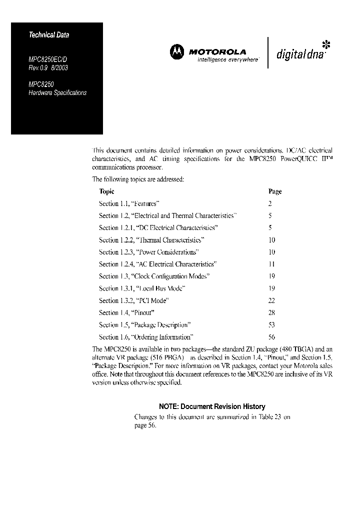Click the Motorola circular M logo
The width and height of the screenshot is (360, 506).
177,51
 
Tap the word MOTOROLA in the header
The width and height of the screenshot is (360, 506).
217,51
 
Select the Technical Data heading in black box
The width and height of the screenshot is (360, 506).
48,35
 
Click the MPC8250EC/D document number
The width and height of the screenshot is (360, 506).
47,58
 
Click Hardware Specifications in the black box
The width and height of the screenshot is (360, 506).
57,93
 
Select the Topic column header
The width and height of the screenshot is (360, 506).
106,191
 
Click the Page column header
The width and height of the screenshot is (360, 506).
275,191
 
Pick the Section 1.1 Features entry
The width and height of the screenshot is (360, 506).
129,203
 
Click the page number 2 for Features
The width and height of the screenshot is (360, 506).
270,203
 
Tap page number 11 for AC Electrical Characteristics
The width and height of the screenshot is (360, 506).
272,264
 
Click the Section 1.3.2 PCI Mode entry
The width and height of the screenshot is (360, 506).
133,300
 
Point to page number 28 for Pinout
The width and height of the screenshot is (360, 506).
272,312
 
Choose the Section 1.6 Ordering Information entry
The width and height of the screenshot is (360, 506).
146,337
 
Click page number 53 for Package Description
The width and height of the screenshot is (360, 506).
272,325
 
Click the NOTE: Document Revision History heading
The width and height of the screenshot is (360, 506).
212,406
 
